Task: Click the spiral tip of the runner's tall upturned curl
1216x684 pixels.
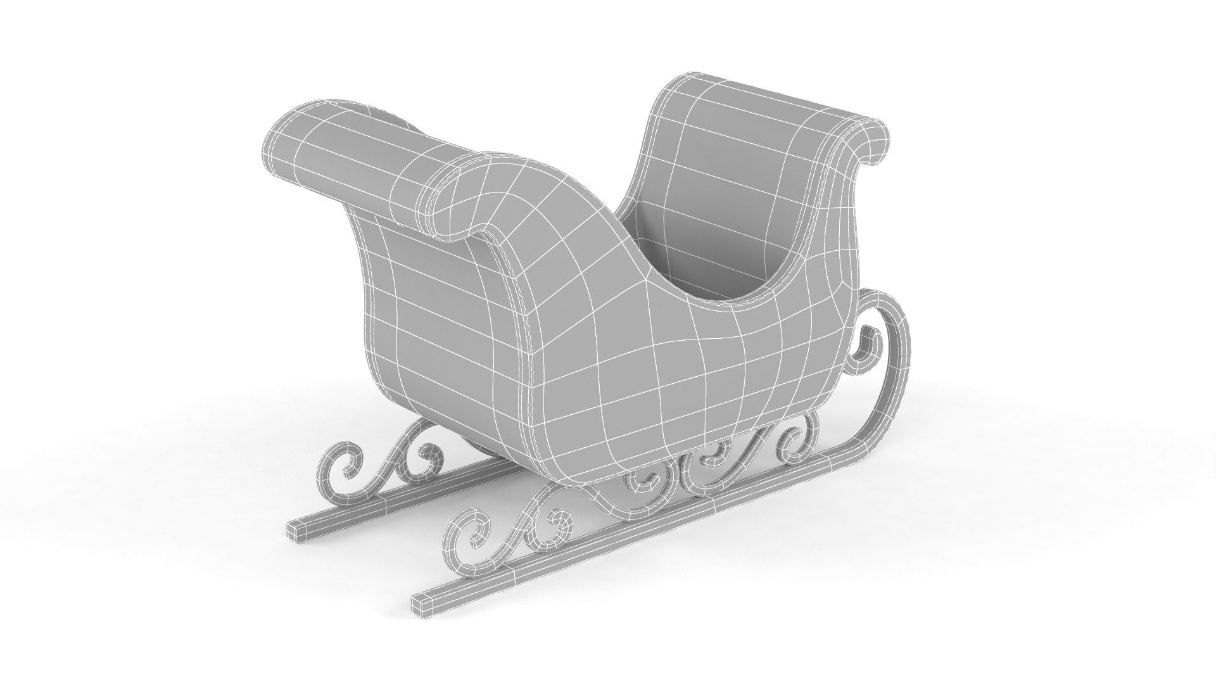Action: [x=866, y=347]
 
